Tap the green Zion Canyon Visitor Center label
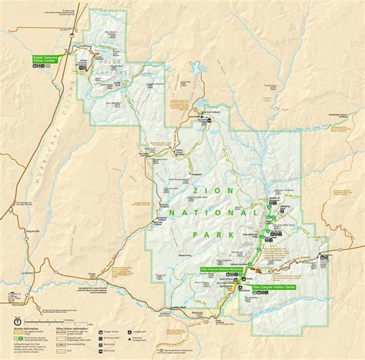[x=273, y=285]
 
